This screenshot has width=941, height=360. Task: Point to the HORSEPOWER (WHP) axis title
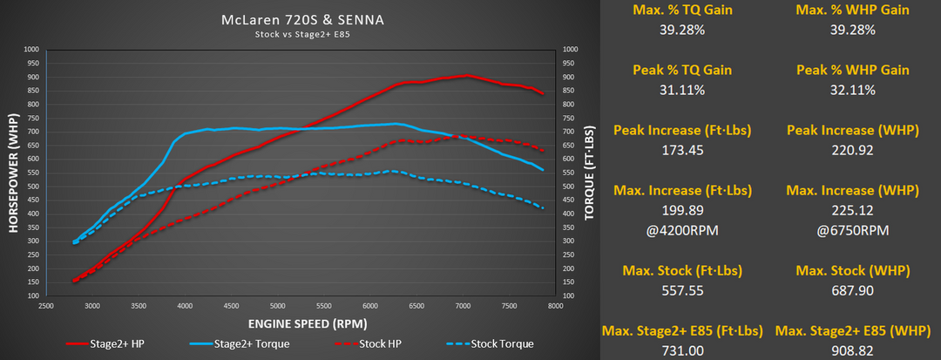pyautogui.click(x=14, y=174)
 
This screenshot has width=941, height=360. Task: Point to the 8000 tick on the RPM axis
pyautogui.click(x=556, y=307)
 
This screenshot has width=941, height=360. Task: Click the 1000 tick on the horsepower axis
pyautogui.click(x=32, y=51)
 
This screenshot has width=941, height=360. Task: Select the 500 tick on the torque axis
pyautogui.click(x=569, y=187)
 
